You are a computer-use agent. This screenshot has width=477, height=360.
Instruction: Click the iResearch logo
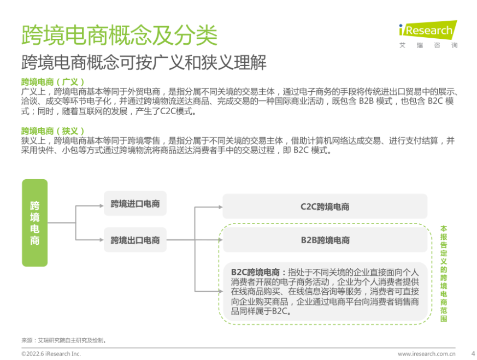pos(428,30)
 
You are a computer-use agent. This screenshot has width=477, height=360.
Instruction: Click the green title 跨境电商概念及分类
pos(120,36)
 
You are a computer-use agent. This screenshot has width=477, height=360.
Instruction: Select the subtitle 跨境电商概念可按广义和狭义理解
pos(144,62)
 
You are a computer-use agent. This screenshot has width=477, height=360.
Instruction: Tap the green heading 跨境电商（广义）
pos(52,82)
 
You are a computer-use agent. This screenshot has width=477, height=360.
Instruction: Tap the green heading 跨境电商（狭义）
pos(52,131)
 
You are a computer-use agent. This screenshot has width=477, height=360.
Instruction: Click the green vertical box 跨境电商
pos(34,223)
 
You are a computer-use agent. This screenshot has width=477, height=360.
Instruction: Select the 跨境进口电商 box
pos(135,204)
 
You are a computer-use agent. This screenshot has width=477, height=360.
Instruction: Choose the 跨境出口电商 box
pos(135,240)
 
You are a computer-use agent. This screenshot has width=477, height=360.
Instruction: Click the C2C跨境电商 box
pos(325,206)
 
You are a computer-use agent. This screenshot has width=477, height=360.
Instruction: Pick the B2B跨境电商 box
pos(325,240)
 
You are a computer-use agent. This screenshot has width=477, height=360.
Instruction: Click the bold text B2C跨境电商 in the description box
pos(255,272)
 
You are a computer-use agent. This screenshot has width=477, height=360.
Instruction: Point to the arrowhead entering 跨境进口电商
pos(102,206)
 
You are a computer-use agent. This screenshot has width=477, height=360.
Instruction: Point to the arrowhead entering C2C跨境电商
pos(221,207)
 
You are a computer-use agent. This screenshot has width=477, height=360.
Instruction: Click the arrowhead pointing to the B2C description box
pos(221,291)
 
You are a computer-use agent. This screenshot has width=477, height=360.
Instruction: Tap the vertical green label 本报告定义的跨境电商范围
pos(444,273)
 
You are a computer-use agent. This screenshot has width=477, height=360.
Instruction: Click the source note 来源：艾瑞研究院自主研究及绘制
pos(64,340)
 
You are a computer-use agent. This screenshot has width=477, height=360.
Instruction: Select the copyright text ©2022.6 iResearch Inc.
pos(51,353)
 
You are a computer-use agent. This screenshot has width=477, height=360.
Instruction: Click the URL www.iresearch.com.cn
pos(427,353)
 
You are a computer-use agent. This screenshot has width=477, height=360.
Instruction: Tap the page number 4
pos(473,353)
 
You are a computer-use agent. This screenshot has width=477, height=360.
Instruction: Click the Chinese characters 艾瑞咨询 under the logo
pos(428,45)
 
